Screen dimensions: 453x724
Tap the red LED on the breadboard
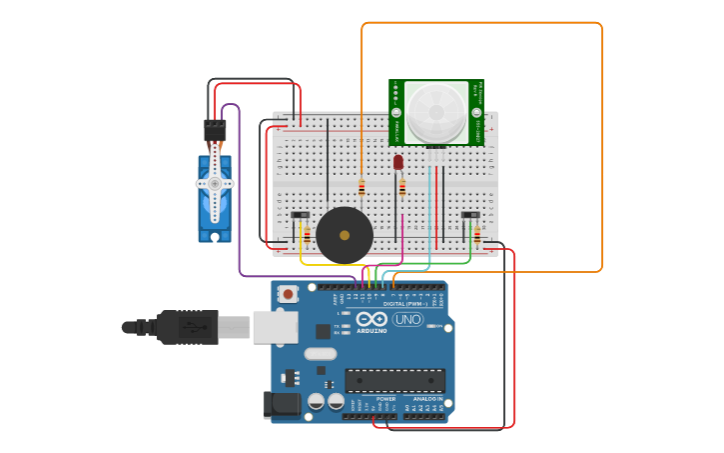point(397,161)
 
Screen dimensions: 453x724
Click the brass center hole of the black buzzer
point(345,236)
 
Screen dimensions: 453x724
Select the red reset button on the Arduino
point(289,294)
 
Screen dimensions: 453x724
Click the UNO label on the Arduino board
point(407,319)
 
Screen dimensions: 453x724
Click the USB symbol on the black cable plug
point(187,326)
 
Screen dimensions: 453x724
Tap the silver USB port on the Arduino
point(275,326)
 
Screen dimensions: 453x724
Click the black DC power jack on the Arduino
point(282,404)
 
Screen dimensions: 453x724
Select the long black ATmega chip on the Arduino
point(394,380)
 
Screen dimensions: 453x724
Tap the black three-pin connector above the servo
point(215,131)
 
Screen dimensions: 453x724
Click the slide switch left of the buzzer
point(300,214)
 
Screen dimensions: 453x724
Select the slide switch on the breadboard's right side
point(470,214)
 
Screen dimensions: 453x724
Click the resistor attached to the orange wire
point(362,186)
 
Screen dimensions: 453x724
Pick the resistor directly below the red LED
point(401,186)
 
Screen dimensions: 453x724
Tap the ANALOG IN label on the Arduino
point(427,398)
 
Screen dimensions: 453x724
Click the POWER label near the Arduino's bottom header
point(385,398)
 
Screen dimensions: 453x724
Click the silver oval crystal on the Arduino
point(321,353)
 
